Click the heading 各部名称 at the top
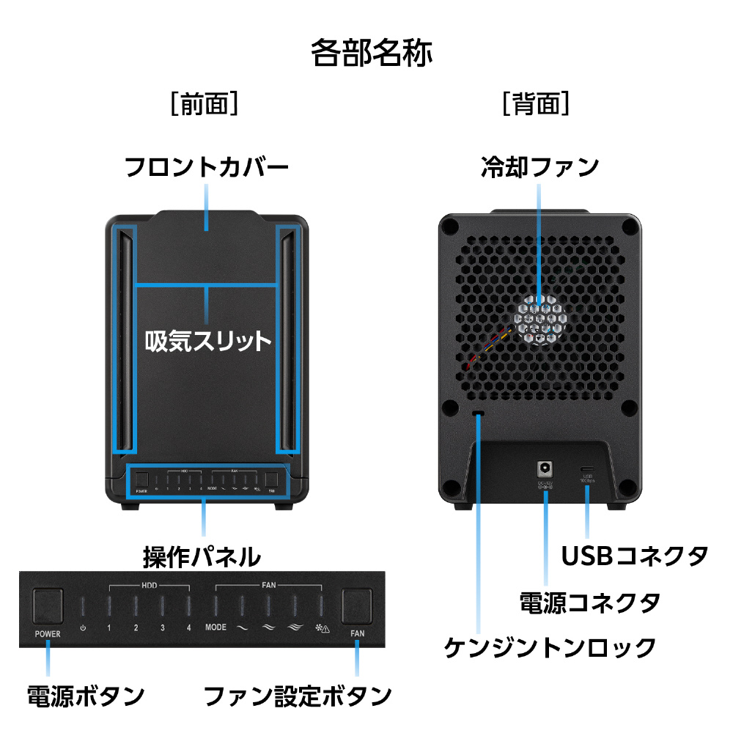click(x=371, y=54)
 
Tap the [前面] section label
click(x=205, y=104)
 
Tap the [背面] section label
click(x=536, y=104)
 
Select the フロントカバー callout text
click(x=206, y=168)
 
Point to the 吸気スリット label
click(x=207, y=341)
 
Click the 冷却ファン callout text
click(x=539, y=168)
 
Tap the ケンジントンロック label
click(x=550, y=648)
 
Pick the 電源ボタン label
click(x=85, y=695)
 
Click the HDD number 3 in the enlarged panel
click(x=162, y=628)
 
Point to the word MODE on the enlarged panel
click(x=216, y=628)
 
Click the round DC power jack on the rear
click(x=545, y=467)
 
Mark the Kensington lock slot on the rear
click(x=479, y=415)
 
